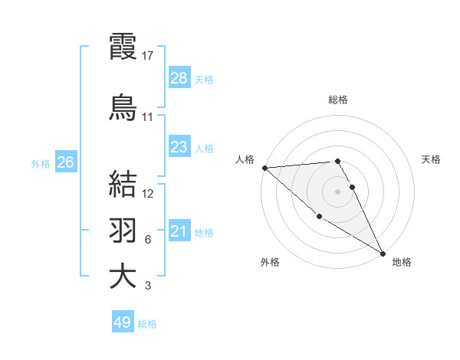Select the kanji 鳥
[x=123, y=106]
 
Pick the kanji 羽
[x=123, y=231]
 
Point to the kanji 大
[x=123, y=277]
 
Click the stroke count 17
[x=148, y=55]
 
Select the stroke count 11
[x=148, y=117]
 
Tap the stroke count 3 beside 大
[x=148, y=286]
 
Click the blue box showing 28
[x=179, y=77]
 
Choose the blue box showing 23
[x=179, y=147]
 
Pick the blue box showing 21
[x=179, y=231]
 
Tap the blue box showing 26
[x=65, y=162]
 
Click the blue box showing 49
[x=123, y=322]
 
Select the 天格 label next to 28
[x=204, y=79]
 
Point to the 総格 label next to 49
[x=147, y=324]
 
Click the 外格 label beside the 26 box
[x=41, y=163]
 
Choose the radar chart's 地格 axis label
[x=402, y=262]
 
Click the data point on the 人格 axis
[x=264, y=168]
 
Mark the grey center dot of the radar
[x=337, y=191]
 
